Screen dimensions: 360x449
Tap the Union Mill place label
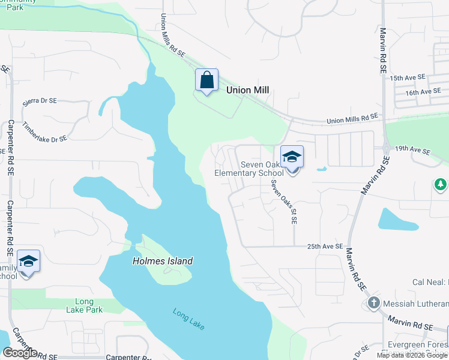(247, 90)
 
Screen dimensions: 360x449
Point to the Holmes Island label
(163, 261)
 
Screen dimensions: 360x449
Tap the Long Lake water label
(188, 319)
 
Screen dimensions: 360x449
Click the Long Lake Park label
(85, 305)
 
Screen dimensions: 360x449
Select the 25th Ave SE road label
(325, 247)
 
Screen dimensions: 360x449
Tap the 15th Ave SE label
(407, 78)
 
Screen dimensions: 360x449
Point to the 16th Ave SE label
(423, 92)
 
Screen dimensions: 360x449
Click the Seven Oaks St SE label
(283, 202)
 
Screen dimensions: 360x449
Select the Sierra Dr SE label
(40, 102)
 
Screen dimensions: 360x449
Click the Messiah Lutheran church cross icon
(374, 303)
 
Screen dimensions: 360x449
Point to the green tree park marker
(441, 184)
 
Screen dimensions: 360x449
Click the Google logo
(19, 352)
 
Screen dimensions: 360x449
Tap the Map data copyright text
(411, 355)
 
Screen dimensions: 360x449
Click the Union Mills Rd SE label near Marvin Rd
(352, 119)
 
